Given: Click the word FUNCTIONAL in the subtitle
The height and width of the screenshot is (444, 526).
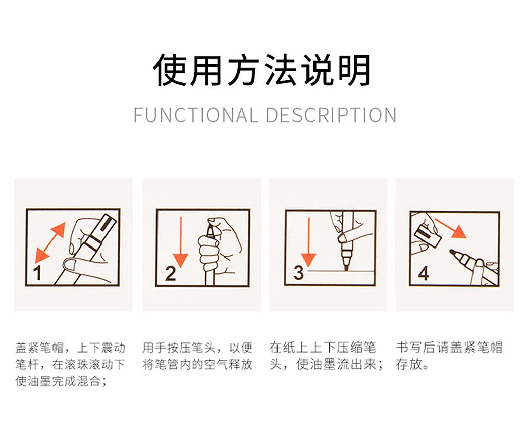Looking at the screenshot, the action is [196, 115].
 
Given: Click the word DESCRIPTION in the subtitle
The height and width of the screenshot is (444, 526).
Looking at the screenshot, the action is [331, 115].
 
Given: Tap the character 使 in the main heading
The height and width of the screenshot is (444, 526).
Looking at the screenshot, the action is [170, 70].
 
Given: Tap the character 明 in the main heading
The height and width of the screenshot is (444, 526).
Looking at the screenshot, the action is [354, 70].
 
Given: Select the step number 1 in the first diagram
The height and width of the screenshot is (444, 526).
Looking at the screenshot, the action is [37, 272].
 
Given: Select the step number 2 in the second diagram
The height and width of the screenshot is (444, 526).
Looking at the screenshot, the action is [171, 273].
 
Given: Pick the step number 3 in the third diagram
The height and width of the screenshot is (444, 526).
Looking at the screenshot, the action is [298, 273].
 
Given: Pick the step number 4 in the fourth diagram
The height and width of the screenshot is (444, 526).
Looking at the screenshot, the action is [424, 273].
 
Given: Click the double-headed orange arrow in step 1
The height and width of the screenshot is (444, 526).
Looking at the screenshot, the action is [50, 242].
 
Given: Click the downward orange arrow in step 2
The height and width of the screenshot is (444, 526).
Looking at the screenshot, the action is [181, 242].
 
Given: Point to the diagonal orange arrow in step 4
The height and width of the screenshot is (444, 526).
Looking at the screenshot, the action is [451, 228].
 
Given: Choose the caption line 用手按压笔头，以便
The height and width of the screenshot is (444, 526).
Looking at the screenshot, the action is [197, 348].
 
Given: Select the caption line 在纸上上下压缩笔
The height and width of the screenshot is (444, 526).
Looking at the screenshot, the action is [323, 348].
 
